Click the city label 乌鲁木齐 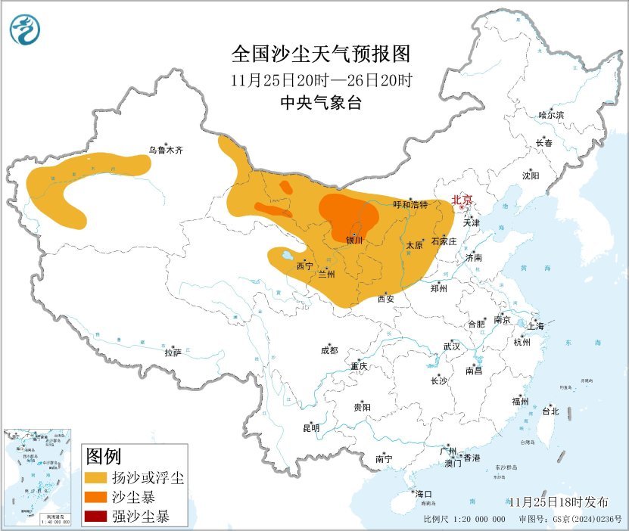pos(165,151)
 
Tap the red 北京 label pos(462,200)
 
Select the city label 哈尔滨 pos(551,115)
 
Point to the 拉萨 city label pos(173,352)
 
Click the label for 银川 pos(354,241)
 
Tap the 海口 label pos(423,494)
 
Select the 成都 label pos(329,350)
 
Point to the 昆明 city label pos(311,428)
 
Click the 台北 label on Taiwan pos(550,411)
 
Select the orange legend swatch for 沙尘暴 pos(96,498)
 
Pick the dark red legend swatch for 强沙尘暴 pos(96,517)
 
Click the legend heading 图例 pos(104,457)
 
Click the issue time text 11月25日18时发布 pos(559,502)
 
